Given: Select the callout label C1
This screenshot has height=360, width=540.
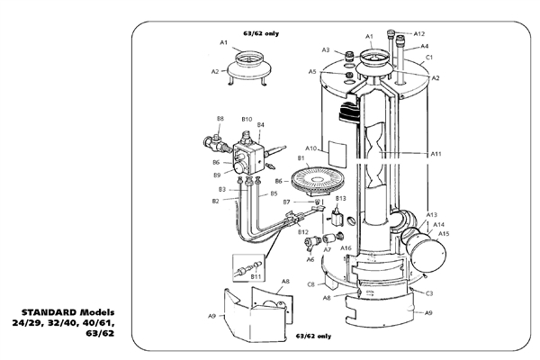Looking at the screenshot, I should pyautogui.click(x=429, y=58).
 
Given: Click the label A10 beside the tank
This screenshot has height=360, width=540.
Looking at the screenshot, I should pyautogui.click(x=310, y=148).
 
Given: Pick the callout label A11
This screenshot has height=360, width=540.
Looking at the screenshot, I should pyautogui.click(x=436, y=154).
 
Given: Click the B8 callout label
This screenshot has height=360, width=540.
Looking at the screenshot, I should pyautogui.click(x=220, y=119).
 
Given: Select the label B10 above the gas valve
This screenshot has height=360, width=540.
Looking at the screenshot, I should pyautogui.click(x=247, y=119).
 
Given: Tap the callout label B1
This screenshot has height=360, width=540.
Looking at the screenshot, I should pyautogui.click(x=301, y=159).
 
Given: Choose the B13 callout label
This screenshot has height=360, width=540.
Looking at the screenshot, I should pyautogui.click(x=340, y=197).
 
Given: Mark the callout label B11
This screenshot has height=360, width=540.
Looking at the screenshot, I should pyautogui.click(x=256, y=277).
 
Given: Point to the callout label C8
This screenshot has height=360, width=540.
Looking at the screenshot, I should pyautogui.click(x=310, y=284).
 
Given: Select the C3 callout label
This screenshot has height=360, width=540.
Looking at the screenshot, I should pyautogui.click(x=429, y=293).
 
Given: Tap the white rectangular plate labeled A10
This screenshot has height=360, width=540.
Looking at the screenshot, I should pyautogui.click(x=337, y=148).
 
